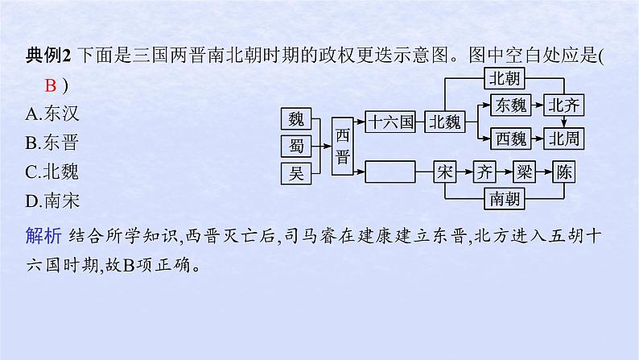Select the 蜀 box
(296, 146)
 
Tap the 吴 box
(296, 172)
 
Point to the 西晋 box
(343, 146)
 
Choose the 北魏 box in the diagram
(445, 122)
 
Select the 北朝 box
(507, 78)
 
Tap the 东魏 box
(510, 105)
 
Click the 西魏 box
(510, 139)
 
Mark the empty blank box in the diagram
(390, 172)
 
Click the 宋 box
(445, 172)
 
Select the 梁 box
(524, 172)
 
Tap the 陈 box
(565, 172)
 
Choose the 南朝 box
(507, 197)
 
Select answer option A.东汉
(53, 114)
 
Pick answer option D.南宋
(53, 201)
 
